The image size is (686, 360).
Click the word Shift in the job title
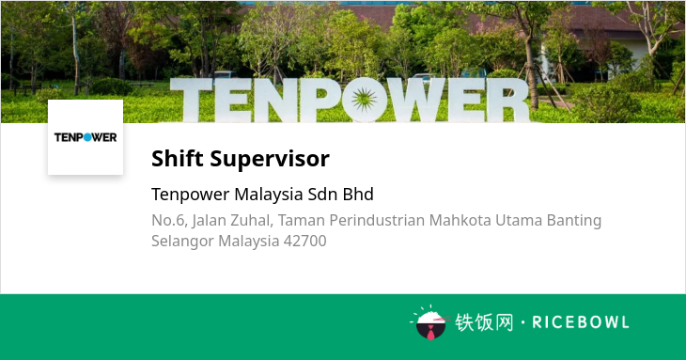178,158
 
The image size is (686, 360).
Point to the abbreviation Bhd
358,195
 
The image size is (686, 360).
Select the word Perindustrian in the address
377,220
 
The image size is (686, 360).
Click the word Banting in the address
574,221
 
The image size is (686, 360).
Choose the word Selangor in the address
182,242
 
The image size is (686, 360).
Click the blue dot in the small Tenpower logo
87,137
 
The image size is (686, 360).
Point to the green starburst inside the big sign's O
364,100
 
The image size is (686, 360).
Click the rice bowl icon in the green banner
430,323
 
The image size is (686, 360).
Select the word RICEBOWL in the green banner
581,322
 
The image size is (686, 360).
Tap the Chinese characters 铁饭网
484,322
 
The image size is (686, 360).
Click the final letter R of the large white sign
508,101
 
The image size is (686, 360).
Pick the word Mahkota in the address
460,220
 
